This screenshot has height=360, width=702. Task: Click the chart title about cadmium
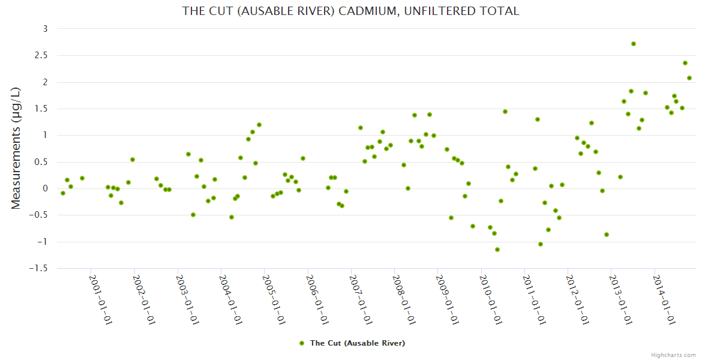coord(350,11)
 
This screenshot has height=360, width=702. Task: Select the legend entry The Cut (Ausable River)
coord(357,343)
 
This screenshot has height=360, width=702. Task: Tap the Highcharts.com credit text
coord(673,355)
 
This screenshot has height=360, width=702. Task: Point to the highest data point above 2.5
coord(634,44)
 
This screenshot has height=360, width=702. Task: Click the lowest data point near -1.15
coord(497,250)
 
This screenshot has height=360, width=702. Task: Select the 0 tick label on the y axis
coord(45,188)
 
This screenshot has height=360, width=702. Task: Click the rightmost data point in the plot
coord(689,78)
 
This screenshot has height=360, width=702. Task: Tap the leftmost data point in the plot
coord(63,193)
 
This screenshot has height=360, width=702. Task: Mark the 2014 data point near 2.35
coord(685,63)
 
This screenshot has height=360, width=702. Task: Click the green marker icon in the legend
coord(302,343)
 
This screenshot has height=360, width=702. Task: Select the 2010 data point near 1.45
coord(505,112)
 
